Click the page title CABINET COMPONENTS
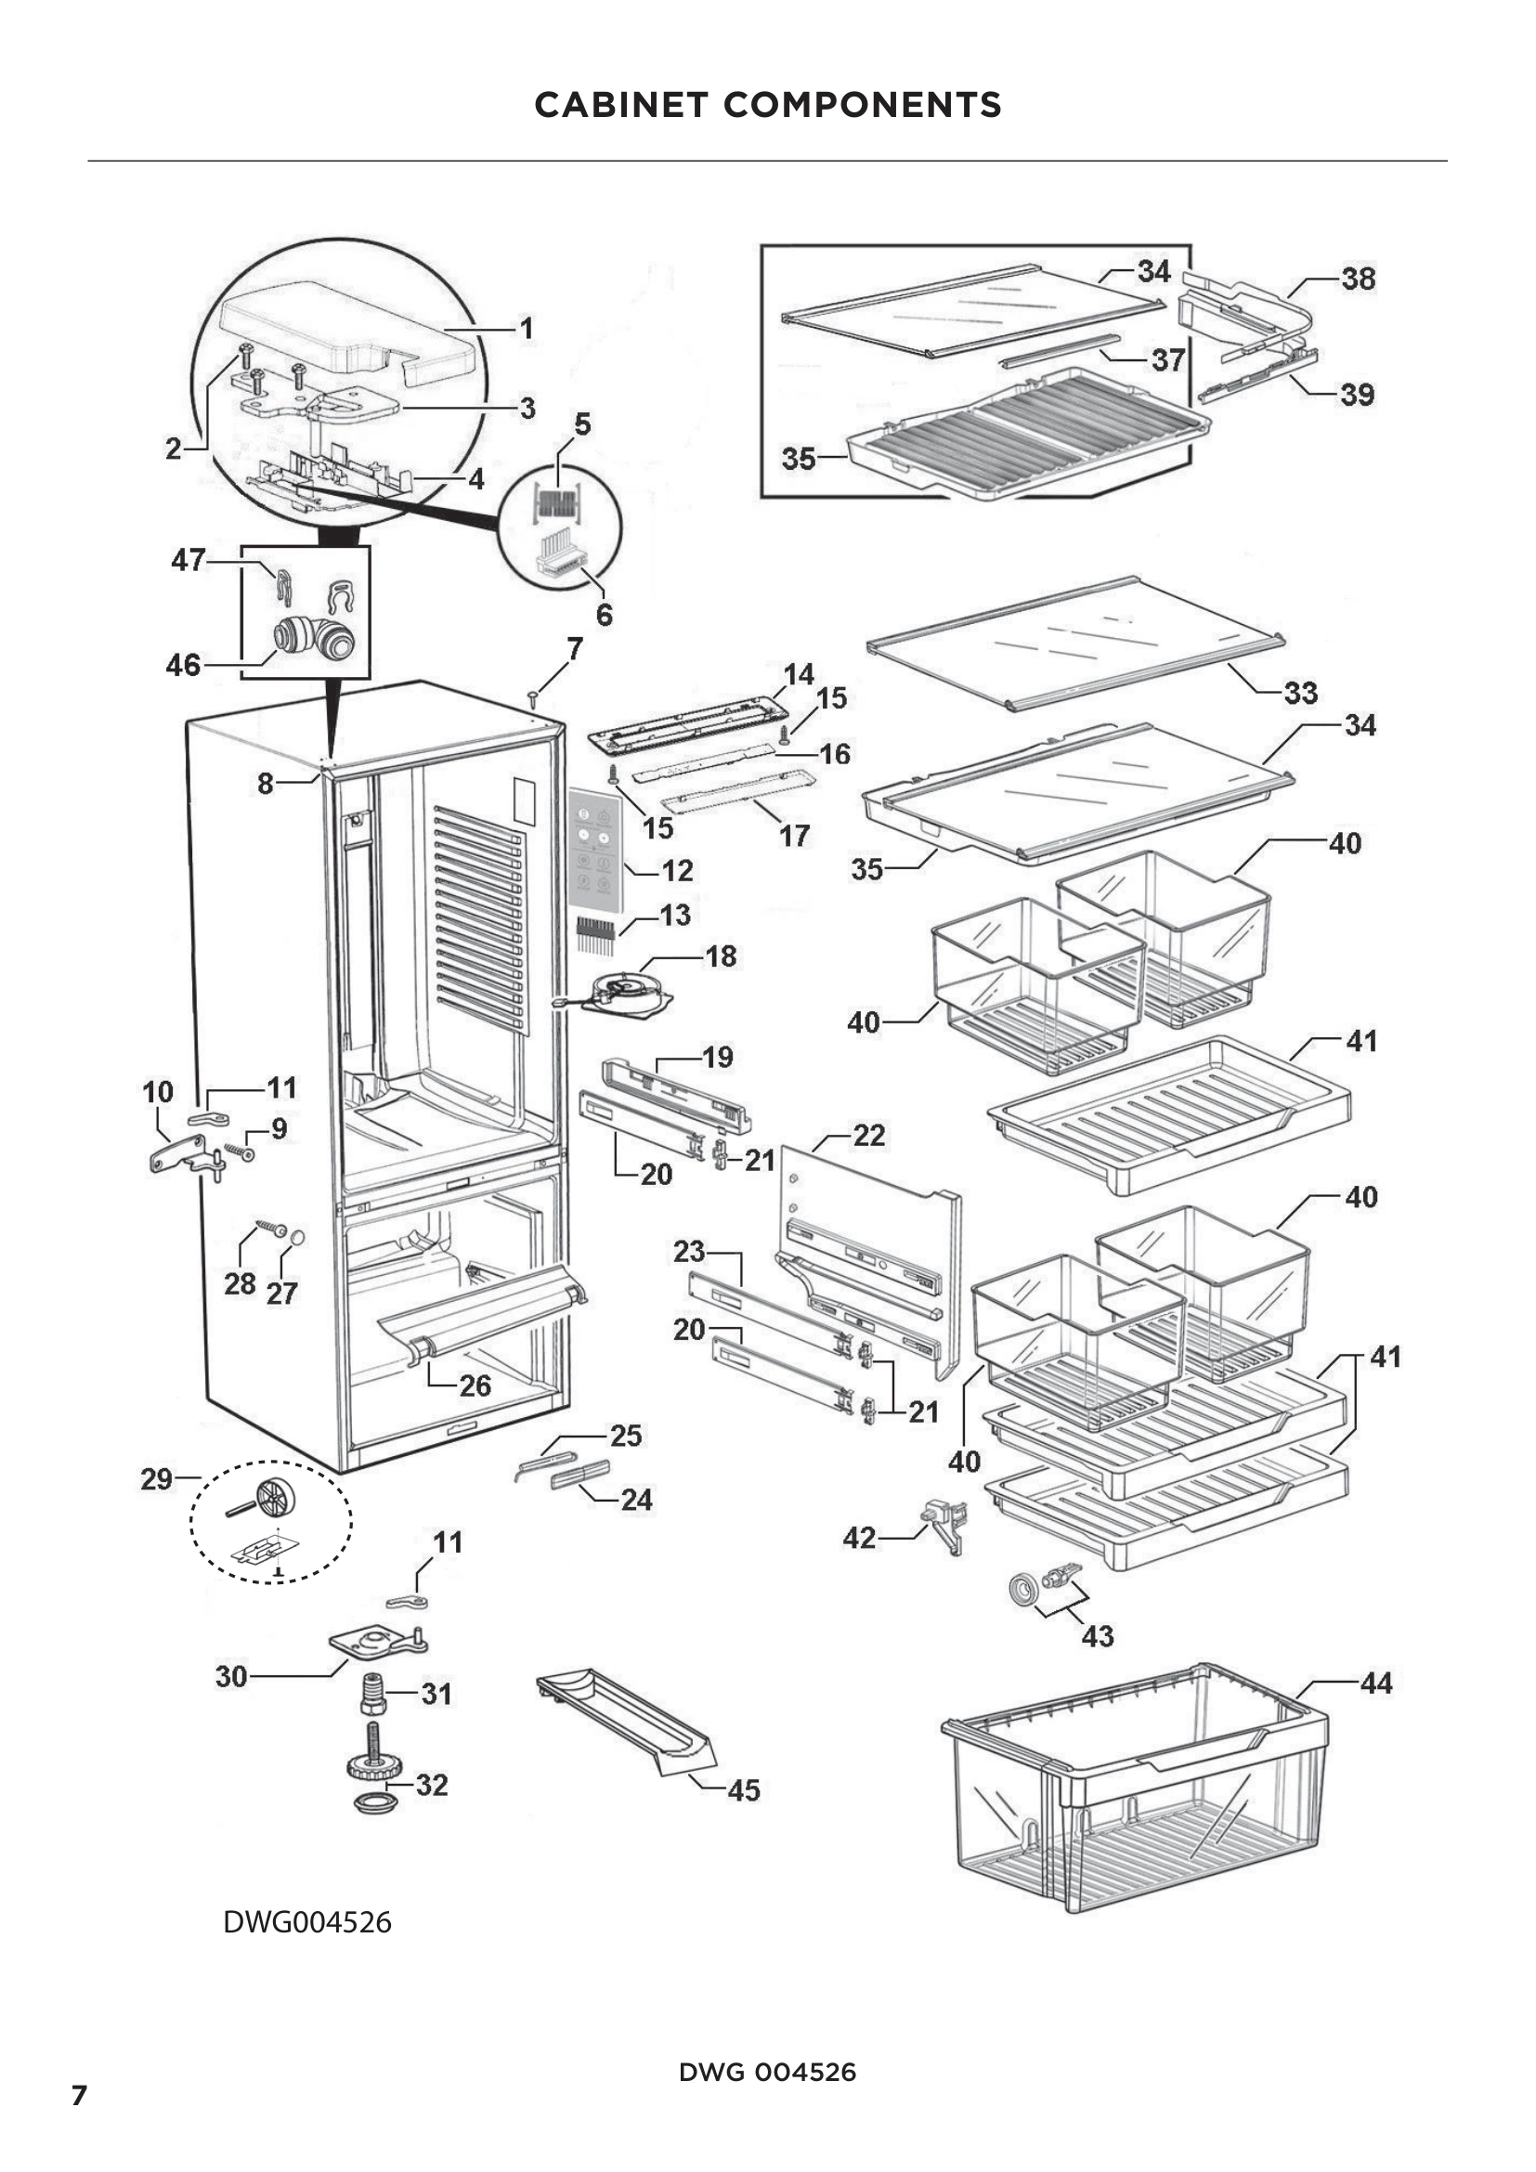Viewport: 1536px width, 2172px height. point(767,105)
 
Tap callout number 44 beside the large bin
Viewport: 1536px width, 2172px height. point(1376,1683)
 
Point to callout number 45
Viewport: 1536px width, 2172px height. point(744,1789)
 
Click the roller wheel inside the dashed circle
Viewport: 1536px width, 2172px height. point(275,1498)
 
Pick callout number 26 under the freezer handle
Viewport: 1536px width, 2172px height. point(475,1385)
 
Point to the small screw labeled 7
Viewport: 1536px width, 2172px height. point(533,699)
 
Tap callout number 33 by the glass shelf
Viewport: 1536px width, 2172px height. point(1300,693)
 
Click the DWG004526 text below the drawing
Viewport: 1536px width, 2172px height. point(307,1922)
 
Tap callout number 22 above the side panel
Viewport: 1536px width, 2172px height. point(868,1135)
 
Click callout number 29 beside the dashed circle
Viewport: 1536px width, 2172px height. point(157,1478)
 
